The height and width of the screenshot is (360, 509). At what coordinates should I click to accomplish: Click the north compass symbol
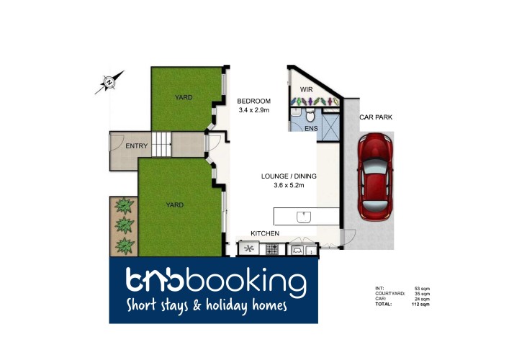click(x=109, y=82)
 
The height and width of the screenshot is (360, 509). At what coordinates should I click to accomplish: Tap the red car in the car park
click(x=375, y=177)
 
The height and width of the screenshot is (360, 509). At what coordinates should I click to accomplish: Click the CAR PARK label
click(x=376, y=117)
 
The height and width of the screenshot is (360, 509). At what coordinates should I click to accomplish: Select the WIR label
click(x=307, y=89)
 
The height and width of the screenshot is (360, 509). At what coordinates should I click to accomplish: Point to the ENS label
click(x=311, y=129)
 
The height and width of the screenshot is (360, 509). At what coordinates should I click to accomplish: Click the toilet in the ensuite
click(x=311, y=114)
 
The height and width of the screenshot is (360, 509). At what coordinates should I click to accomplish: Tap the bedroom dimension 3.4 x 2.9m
click(x=254, y=110)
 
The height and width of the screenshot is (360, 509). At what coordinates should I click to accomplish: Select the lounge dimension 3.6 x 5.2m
click(x=289, y=186)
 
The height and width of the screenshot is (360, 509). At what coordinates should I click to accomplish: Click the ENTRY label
click(x=136, y=146)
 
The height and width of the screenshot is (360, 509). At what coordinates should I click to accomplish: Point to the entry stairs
click(x=162, y=144)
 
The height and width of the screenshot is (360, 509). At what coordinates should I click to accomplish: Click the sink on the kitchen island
click(x=304, y=217)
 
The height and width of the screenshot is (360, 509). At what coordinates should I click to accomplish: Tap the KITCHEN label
click(x=265, y=233)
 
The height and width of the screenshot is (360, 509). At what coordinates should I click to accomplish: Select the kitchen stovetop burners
click(x=272, y=249)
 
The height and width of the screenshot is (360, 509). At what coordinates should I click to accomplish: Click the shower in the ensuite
click(x=331, y=127)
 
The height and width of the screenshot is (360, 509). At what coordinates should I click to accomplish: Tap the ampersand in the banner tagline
click(x=197, y=305)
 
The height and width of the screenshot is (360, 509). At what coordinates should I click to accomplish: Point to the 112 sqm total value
click(x=420, y=305)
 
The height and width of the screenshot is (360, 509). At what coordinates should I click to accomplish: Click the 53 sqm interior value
click(x=422, y=289)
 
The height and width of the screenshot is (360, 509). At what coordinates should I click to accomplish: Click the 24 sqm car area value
click(x=422, y=299)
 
